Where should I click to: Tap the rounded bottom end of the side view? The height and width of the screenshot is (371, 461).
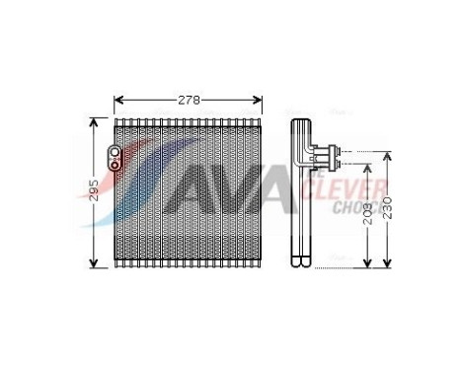pyautogui.click(x=301, y=262)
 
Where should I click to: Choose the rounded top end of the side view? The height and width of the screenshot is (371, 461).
pyautogui.click(x=301, y=124)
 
